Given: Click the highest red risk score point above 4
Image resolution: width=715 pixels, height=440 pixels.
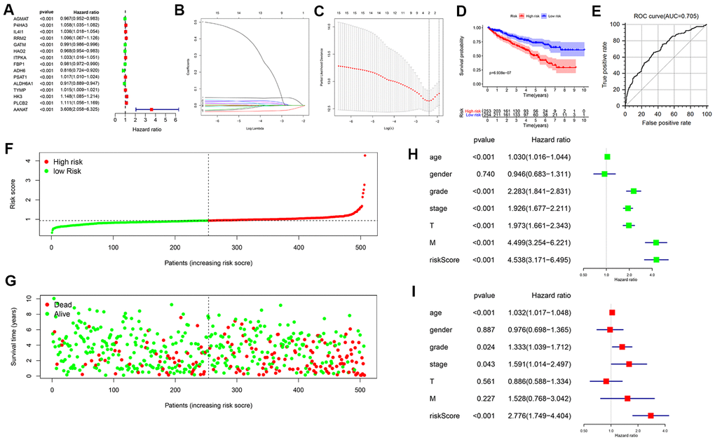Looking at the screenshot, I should point(365,156).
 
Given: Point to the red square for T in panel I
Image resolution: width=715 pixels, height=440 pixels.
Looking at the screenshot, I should point(606,381).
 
